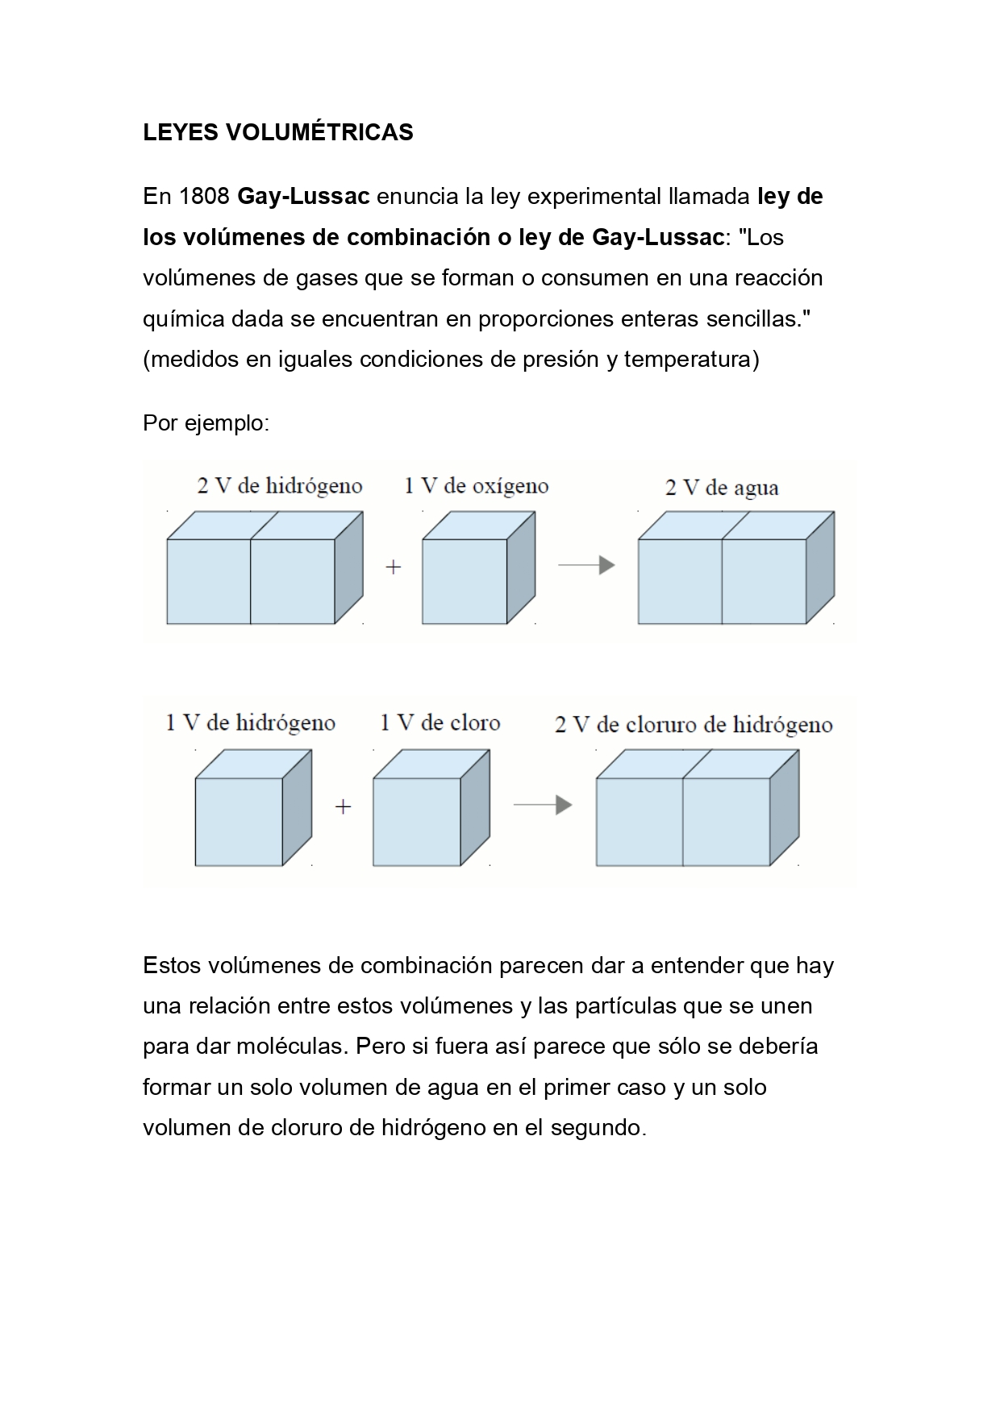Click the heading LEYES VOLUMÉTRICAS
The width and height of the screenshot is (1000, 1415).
277,132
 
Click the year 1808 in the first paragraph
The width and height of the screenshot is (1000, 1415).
186,197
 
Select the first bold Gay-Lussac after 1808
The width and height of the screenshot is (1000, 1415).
303,197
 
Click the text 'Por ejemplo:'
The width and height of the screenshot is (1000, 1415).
206,422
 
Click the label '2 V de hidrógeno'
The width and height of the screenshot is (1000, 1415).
280,486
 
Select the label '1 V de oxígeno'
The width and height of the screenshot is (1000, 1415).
476,486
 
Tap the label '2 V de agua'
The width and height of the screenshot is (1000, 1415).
722,488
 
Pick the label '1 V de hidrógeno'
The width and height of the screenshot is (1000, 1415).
250,723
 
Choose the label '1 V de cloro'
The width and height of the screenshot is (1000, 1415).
440,723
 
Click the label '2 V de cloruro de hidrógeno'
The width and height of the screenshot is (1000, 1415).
694,725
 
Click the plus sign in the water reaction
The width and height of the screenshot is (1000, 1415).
394,568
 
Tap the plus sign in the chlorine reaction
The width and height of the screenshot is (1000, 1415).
344,807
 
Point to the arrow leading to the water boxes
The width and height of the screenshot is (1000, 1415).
586,565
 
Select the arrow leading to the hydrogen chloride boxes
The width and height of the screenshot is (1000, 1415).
542,805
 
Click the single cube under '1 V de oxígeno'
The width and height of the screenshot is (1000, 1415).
465,581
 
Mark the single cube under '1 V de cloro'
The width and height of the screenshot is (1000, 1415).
417,821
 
